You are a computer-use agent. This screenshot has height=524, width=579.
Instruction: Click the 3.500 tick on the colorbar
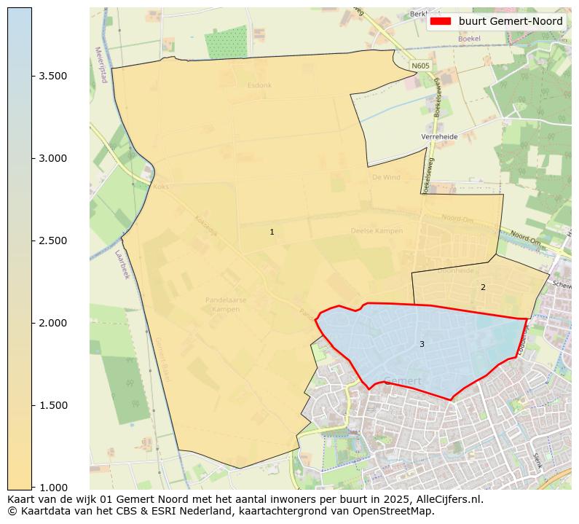point(52,76)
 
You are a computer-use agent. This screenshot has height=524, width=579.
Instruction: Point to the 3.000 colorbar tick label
point(52,158)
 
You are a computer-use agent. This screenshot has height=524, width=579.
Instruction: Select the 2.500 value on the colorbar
point(52,241)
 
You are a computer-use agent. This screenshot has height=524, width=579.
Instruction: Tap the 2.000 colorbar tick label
point(52,323)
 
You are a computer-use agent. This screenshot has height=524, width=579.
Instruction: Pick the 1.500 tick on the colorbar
point(52,405)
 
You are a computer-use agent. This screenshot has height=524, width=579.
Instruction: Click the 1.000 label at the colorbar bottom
point(52,487)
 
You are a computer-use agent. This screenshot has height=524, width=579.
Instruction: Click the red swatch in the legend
point(441,22)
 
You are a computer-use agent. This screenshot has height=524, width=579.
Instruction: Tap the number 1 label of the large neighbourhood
point(272,232)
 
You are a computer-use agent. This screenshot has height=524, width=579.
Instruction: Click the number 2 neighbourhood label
point(482,288)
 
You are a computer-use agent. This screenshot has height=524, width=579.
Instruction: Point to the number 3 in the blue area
point(422,344)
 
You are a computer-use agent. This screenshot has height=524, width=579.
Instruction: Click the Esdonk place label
point(259,85)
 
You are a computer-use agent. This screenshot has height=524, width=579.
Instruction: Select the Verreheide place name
point(439,136)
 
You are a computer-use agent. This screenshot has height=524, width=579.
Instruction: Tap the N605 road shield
point(420,66)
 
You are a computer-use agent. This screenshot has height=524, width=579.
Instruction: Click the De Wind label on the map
point(386,177)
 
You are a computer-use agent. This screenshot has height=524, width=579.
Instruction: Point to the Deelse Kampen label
point(377,231)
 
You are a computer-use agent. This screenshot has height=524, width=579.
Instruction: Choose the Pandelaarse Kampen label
point(226,304)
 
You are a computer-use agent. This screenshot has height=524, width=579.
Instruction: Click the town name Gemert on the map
point(402,380)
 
